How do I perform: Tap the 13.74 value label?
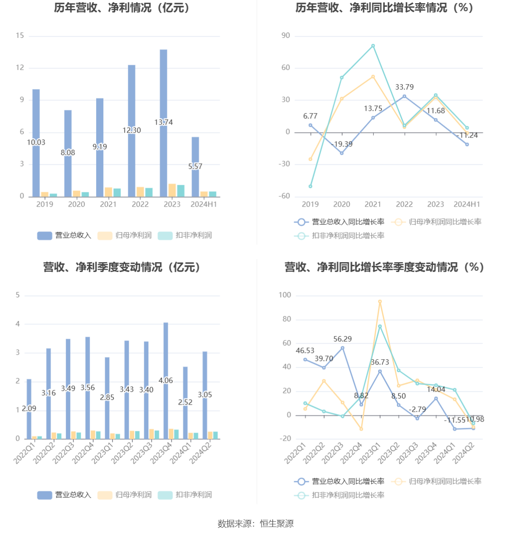[x=164, y=122]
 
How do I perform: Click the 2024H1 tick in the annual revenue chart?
[x=204, y=204]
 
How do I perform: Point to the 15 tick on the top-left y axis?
[x=20, y=36]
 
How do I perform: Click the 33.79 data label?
[x=405, y=87]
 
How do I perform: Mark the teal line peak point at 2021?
[x=373, y=46]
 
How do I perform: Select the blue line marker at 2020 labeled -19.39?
[x=342, y=153]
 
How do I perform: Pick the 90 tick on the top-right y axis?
[x=286, y=36]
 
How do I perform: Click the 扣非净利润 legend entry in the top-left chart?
[x=185, y=235]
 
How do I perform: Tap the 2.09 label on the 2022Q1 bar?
[x=29, y=409]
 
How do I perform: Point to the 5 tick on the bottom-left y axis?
[x=18, y=295]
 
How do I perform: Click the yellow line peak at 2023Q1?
[x=380, y=302]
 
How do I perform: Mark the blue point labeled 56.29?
[x=343, y=348]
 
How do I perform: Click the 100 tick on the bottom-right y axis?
[x=285, y=295]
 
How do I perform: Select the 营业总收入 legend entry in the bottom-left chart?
[x=64, y=495]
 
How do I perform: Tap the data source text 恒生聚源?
[x=277, y=524]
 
